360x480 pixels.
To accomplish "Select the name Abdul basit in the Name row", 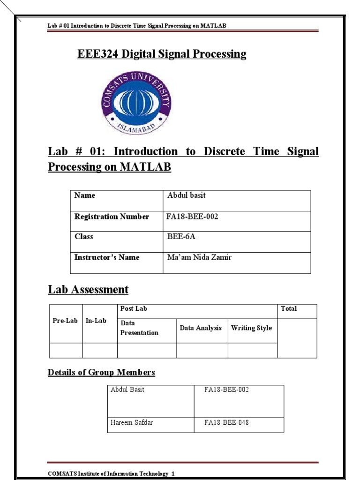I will pyautogui.click(x=186, y=195).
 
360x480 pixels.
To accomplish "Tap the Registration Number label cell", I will pyautogui.click(x=112, y=217).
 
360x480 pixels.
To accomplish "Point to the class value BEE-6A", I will pyautogui.click(x=181, y=237).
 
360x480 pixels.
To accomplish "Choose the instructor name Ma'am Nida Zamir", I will pyautogui.click(x=199, y=257).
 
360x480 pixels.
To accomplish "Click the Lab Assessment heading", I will pyautogui.click(x=88, y=290).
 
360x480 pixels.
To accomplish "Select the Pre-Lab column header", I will pyautogui.click(x=65, y=321).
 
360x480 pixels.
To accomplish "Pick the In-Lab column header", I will pyautogui.click(x=96, y=321).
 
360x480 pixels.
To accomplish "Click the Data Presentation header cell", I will pyautogui.click(x=139, y=328).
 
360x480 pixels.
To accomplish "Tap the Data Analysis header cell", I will pyautogui.click(x=201, y=328).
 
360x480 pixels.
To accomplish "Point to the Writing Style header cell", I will pyautogui.click(x=251, y=328).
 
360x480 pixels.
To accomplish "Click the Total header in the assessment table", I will pyautogui.click(x=289, y=309).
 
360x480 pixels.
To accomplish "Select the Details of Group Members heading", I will pyautogui.click(x=101, y=373).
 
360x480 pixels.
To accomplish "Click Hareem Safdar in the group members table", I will pyautogui.click(x=132, y=423).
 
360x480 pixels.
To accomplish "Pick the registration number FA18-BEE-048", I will pyautogui.click(x=226, y=423).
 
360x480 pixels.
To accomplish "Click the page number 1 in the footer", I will pyautogui.click(x=173, y=474).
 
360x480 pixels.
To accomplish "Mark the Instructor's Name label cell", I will pyautogui.click(x=107, y=257).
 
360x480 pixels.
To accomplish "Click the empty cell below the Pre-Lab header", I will pyautogui.click(x=66, y=350).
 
